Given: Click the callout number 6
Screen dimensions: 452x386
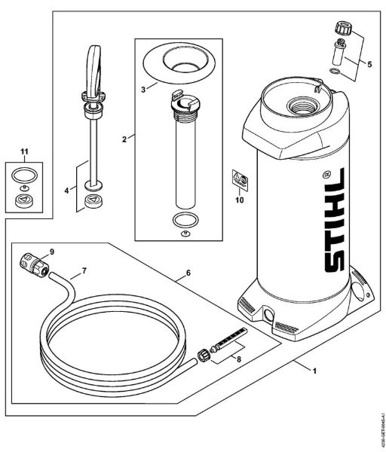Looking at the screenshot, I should pos(186,273).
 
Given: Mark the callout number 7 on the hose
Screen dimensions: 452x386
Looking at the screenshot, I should pos(84,269).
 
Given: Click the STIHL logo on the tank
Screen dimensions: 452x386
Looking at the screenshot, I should pos(332,226).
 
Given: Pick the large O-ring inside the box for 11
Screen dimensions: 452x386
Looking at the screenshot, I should pos(25,175).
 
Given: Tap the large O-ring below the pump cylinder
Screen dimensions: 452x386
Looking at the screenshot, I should pos(182,221).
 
